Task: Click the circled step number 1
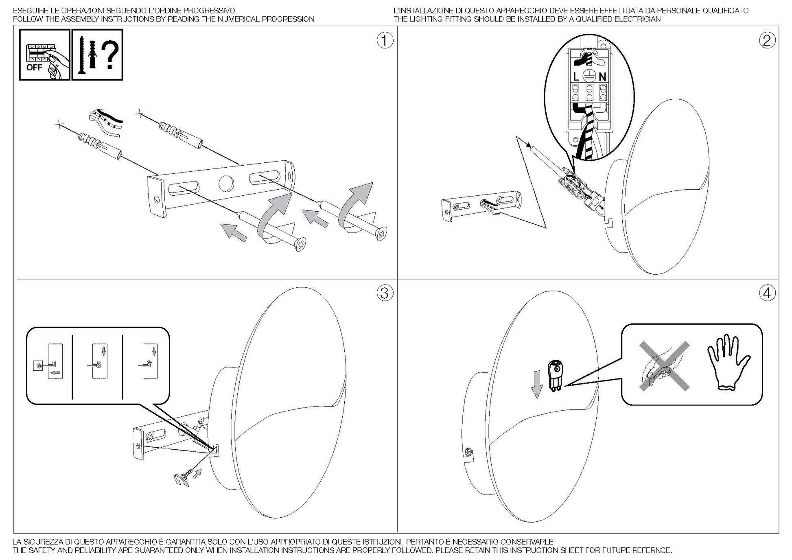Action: (x=385, y=41)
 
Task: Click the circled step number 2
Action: (x=767, y=41)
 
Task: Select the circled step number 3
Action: (x=385, y=293)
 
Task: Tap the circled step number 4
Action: (x=767, y=293)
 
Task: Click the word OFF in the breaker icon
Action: (x=34, y=68)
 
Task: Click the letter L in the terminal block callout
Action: (x=576, y=76)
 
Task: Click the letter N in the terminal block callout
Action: (x=602, y=76)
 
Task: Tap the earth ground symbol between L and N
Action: (x=589, y=76)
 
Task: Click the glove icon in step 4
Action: (x=729, y=363)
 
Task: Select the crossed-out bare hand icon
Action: (x=663, y=366)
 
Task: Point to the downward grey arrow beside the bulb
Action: (x=537, y=384)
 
